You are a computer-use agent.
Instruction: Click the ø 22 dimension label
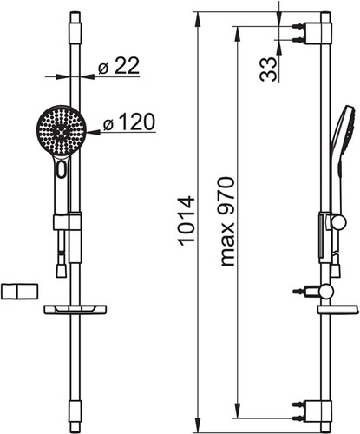pos(119,66)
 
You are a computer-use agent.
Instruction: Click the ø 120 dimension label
pos(129,122)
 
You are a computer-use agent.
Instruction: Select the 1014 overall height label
pos(186,221)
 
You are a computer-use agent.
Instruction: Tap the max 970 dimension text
pos(227,221)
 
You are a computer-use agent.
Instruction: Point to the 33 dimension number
pos(268,69)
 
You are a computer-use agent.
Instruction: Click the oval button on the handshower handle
pos(62,169)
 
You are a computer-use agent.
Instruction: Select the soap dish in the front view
pos(75,309)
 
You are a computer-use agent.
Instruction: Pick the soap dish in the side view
pos(338,310)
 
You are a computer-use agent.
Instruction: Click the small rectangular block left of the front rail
pos(19,292)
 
